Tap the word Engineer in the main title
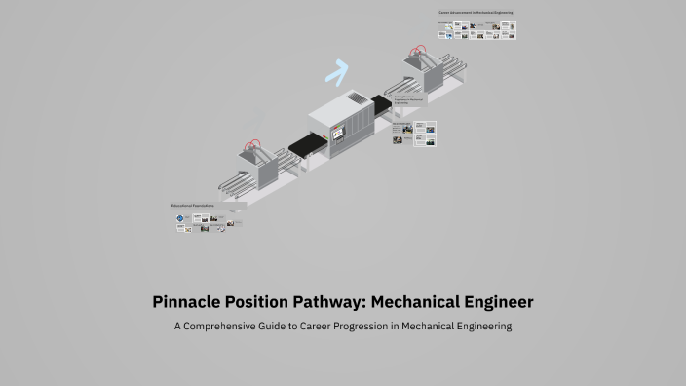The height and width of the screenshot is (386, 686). pyautogui.click(x=496, y=302)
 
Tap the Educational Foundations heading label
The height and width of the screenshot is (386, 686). pyautogui.click(x=192, y=206)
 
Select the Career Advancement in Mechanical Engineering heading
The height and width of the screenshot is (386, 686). pyautogui.click(x=475, y=13)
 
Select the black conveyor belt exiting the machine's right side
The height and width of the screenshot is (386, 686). pyautogui.click(x=381, y=99)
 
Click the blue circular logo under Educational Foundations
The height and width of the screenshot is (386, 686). pyautogui.click(x=180, y=220)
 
